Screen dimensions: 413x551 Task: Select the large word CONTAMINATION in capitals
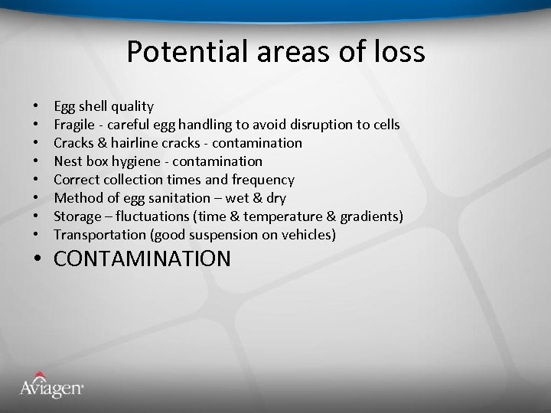coord(142,259)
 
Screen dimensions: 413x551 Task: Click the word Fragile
coord(74,125)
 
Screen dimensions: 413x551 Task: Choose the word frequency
coord(262,180)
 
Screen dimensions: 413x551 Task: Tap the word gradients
coord(371,216)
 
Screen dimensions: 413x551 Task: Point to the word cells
coord(386,125)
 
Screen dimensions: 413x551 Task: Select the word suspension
coord(222,235)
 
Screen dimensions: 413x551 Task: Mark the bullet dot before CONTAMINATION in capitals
coord(37,259)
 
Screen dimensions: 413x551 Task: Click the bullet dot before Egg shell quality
coord(36,107)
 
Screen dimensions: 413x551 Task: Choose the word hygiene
coord(145,161)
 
